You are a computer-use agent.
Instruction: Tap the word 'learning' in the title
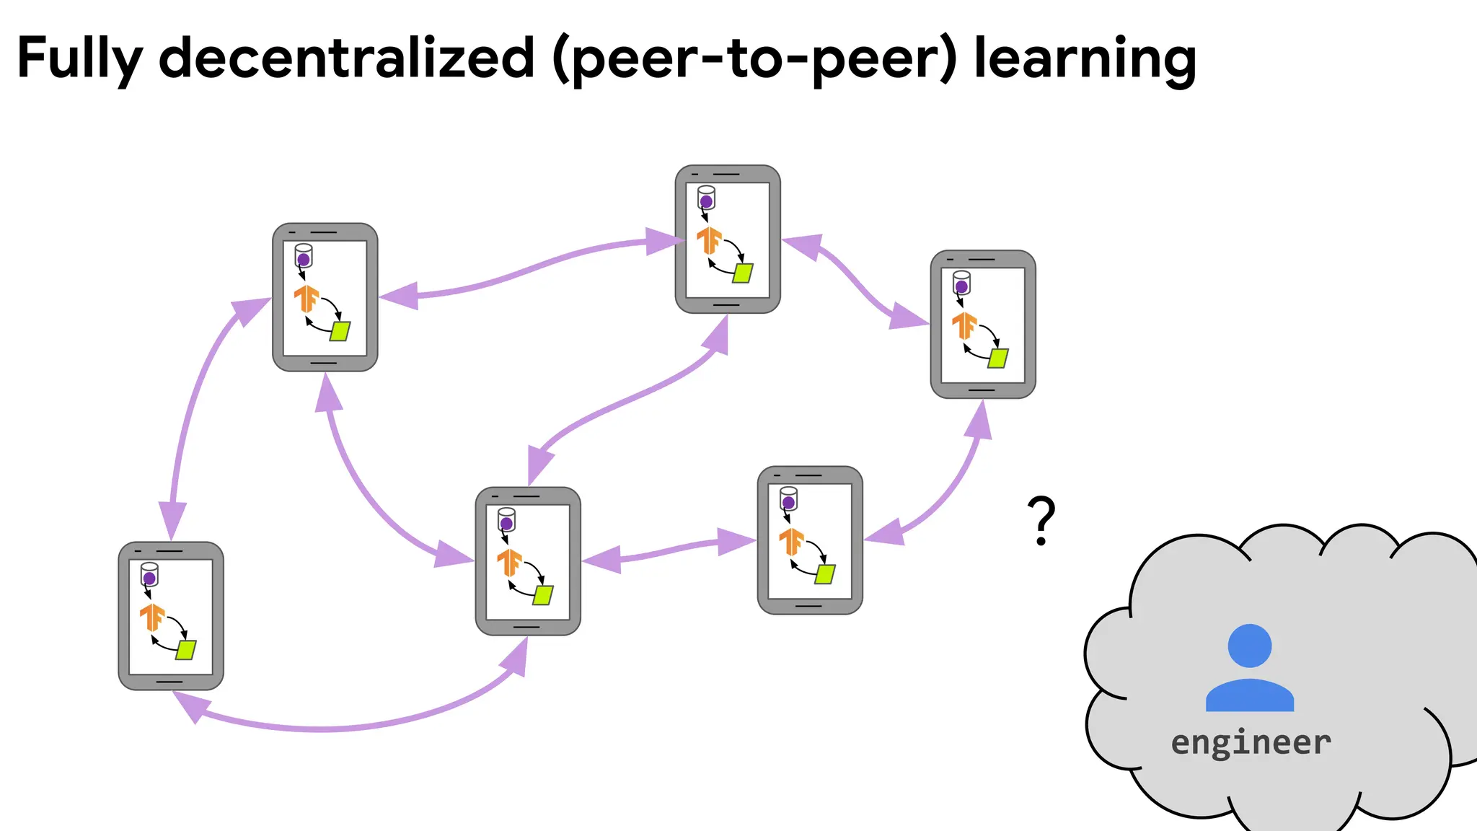(1085, 59)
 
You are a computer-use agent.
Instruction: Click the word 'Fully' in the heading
(79, 59)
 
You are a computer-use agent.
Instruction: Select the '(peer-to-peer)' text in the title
(754, 59)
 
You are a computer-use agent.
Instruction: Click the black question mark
(1041, 519)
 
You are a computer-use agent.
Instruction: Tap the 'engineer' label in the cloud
(1251, 743)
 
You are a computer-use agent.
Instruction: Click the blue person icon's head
(1249, 646)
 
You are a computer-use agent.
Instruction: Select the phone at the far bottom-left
(171, 616)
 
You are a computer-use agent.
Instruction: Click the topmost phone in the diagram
(728, 239)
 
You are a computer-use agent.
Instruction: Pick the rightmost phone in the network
(983, 325)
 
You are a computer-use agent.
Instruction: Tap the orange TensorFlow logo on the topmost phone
(709, 240)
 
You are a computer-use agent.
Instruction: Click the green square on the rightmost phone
(998, 359)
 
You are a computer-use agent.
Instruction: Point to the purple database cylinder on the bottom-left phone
(149, 575)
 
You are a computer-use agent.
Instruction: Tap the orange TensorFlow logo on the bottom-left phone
(152, 617)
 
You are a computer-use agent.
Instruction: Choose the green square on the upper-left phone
(340, 331)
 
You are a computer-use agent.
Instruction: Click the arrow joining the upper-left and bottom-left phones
(189, 411)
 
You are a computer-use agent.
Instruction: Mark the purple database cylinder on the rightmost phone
(961, 283)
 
